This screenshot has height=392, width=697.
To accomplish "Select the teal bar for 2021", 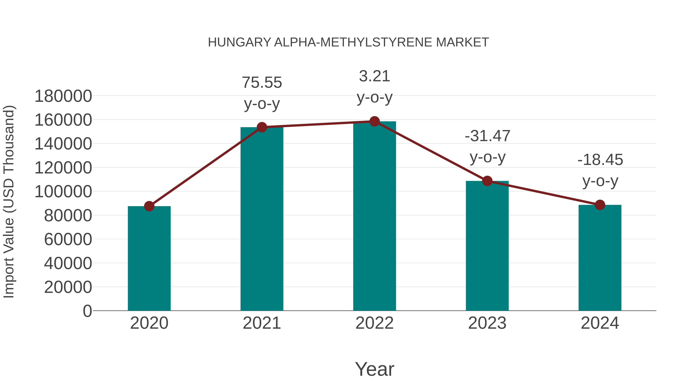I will pos(262,219).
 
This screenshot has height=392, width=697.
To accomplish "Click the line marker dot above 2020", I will pos(149,206).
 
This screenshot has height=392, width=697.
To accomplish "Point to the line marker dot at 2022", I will pos(374,121).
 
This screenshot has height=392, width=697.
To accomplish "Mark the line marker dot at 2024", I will pos(600,205).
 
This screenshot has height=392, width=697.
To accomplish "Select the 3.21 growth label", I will pos(374,76).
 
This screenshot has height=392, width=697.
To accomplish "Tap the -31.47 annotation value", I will pos(487,136).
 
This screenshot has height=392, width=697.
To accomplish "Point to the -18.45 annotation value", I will pos(600,160).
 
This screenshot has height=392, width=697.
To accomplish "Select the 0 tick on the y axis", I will pos(87,311).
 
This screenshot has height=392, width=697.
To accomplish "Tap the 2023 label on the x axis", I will pos(487,323).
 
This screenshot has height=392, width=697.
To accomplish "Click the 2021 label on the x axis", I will pos(262,323).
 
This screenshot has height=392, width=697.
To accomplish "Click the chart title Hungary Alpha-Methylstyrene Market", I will pos(348,42).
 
